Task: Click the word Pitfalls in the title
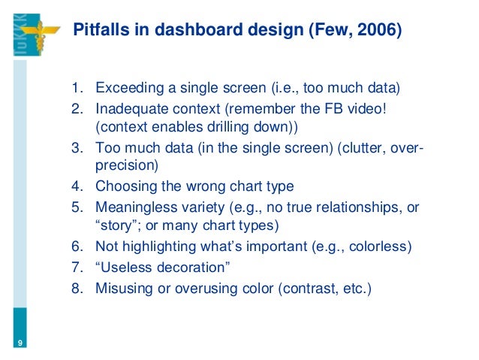click(x=96, y=31)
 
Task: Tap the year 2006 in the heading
click(x=380, y=31)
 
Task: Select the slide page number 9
click(x=19, y=343)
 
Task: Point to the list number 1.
click(x=77, y=92)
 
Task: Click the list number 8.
click(x=77, y=286)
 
